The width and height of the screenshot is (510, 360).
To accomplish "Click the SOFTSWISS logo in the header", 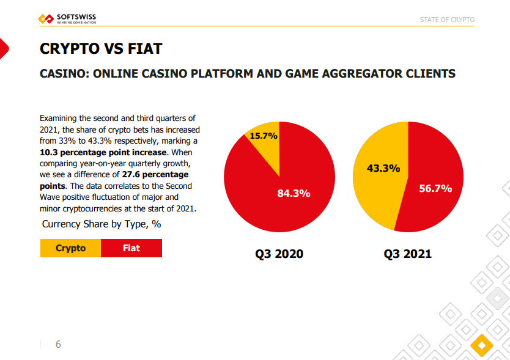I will coord(67,20).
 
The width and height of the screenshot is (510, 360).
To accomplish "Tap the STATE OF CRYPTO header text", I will coord(447,20).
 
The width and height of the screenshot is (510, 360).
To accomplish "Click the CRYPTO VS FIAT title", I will coord(101,48).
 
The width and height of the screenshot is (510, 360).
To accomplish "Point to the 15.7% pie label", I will coord(264,136).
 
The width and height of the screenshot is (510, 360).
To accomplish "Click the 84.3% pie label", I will coord(294,193).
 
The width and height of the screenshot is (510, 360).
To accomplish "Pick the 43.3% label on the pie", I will coord(383,168).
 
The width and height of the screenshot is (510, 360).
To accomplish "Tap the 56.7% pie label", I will coord(435,188).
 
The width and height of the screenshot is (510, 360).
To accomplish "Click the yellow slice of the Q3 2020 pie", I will coord(267,147).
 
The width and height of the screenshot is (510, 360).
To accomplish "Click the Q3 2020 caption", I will coord(279,254).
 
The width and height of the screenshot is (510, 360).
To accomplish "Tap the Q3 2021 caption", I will coord(408,254).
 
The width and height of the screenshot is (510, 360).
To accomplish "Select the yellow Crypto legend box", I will coord(70,248).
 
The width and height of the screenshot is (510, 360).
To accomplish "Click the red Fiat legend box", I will coord(131,248).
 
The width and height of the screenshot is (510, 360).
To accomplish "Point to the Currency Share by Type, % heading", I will coord(102,224).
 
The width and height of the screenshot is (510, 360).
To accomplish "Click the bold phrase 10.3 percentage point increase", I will coord(103,152).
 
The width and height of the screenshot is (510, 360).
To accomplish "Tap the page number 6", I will coord(58,344).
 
